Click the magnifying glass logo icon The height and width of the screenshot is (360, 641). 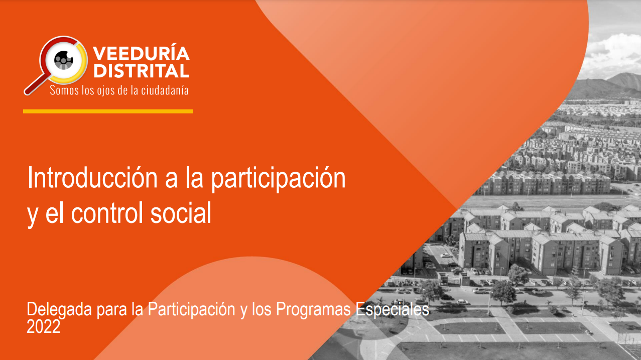56,65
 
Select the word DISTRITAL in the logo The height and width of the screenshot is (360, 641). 141,71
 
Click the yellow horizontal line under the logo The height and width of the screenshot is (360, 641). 108,111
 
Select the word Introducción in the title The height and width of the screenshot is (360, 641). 92,178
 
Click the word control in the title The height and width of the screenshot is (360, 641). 107,212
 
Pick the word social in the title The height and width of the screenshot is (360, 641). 181,212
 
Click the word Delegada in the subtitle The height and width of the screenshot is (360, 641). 59,310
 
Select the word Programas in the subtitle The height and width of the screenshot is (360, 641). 313,310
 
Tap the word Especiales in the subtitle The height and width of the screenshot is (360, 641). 393,309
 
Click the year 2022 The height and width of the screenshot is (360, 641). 44,326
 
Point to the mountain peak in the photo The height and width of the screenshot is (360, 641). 626,74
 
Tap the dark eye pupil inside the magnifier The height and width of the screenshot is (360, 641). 64,60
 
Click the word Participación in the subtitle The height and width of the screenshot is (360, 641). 191,310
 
